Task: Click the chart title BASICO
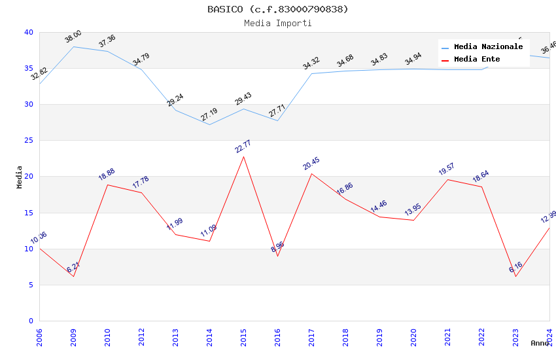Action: point(278,9)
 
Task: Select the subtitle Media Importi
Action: point(278,23)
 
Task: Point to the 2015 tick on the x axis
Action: point(243,336)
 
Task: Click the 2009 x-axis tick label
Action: point(73,336)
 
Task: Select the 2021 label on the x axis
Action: point(447,336)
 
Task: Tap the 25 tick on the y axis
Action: point(28,141)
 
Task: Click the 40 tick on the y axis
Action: point(28,32)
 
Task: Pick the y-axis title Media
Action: point(20,177)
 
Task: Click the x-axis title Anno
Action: point(540,343)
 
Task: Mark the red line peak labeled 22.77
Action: point(243,156)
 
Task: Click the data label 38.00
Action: point(73,37)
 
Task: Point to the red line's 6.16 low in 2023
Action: point(515,276)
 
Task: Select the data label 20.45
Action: point(311,163)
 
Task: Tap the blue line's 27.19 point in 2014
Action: point(209,124)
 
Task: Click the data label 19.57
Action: point(447,169)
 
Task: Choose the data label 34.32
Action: point(311,63)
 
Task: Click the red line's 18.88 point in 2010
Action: point(107,185)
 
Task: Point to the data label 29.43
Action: point(243,99)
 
